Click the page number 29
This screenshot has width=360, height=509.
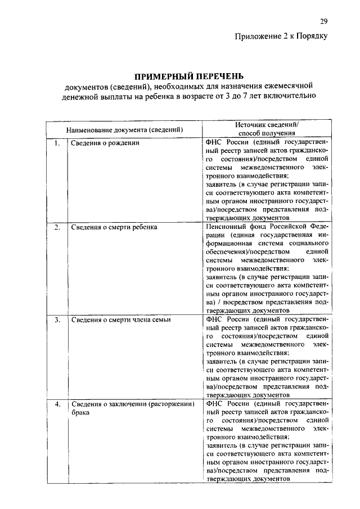pos(323,22)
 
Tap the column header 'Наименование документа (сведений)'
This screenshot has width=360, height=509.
pos(125,130)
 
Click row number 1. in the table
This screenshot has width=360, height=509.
pos(57,143)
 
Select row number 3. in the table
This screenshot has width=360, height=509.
pos(57,319)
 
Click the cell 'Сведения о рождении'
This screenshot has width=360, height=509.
pos(105,143)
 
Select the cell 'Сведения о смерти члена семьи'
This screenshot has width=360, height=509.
pos(121,319)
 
